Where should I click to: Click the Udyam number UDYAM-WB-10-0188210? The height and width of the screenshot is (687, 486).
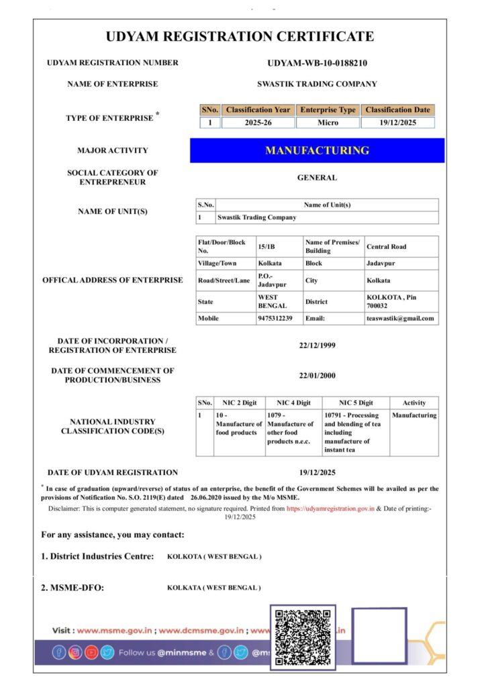point(317,63)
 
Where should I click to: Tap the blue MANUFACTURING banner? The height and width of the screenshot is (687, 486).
point(317,150)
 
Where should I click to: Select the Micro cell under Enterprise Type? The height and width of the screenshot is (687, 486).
point(328,123)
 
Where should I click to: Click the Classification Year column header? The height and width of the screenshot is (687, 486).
point(258,109)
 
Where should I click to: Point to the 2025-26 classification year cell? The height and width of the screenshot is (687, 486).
point(258,123)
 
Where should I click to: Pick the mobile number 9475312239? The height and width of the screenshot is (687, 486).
point(275,318)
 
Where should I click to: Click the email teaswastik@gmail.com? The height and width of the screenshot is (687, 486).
point(400,318)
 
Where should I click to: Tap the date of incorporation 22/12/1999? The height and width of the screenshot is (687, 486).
point(317,346)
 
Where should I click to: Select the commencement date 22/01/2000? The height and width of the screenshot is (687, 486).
point(317,375)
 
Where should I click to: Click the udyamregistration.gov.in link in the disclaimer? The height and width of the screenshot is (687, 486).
point(330,509)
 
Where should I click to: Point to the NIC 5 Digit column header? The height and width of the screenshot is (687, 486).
point(356,403)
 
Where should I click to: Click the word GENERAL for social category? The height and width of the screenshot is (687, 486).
point(317,178)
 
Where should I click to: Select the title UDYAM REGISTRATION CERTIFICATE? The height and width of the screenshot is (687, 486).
point(240,36)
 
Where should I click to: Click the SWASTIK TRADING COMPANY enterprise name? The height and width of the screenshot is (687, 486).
point(317,84)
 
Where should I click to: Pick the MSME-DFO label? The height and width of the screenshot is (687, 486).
point(72,588)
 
